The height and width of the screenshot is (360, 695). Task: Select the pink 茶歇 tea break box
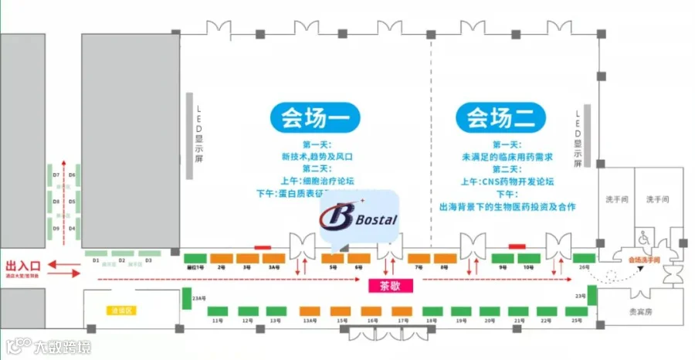pos(392,285)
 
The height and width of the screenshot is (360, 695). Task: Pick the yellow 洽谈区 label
pos(121,310)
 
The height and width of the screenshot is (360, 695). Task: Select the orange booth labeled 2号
pos(222,258)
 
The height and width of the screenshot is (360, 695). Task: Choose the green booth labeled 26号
pos(584,258)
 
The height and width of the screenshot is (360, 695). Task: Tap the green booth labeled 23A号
pos(185,297)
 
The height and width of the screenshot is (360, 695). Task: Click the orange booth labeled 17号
pos(402,311)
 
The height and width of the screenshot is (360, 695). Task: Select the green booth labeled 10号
pos(528,258)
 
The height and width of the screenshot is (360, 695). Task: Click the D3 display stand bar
pos(148,253)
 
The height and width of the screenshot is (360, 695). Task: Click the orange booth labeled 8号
pos(445,258)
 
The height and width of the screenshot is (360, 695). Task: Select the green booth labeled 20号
pos(488,311)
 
